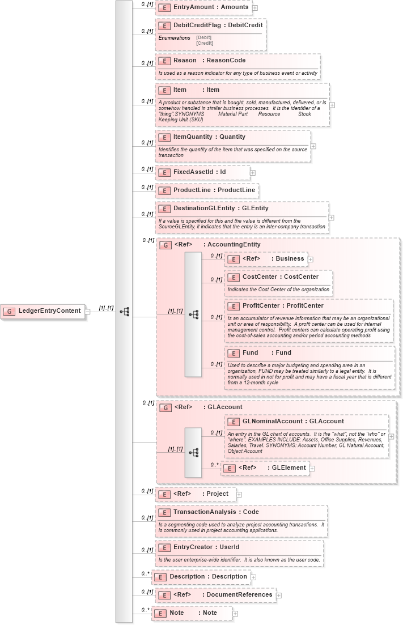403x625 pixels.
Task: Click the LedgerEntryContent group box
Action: pos(43,311)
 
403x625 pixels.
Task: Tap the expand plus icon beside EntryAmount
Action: pos(255,8)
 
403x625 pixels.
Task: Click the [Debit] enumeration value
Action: pos(204,37)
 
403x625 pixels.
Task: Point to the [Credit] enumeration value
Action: pos(205,43)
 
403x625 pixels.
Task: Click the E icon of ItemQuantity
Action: pos(164,137)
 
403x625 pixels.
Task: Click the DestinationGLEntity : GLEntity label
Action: pos(220,209)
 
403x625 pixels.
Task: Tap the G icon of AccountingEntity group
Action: pos(166,245)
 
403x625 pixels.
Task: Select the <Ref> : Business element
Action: pos(266,259)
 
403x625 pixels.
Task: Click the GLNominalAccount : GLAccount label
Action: pos(292,422)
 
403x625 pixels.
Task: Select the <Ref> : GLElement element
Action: pos(264,468)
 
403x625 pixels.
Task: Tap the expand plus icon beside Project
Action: pos(239,494)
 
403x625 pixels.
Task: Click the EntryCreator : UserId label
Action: pos(206,547)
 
